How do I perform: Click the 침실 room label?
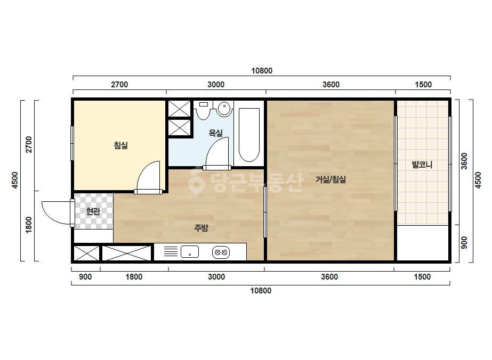point(121,145)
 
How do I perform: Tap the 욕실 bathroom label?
point(215,133)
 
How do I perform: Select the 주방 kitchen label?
point(201,228)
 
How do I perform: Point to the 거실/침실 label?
point(330,179)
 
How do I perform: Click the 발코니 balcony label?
point(422,165)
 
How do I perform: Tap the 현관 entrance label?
point(93,211)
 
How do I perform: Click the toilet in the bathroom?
point(203,110)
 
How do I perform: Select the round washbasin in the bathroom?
point(224,109)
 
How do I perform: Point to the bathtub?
point(249,135)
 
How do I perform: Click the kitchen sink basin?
point(190,251)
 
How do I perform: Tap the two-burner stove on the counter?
point(221,252)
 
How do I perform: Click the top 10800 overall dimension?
point(262,71)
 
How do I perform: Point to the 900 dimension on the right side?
point(464,243)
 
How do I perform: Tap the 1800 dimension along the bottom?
point(134,277)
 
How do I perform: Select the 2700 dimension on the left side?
point(29,144)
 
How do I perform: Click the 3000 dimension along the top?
point(216,85)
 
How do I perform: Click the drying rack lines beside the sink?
point(171,251)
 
